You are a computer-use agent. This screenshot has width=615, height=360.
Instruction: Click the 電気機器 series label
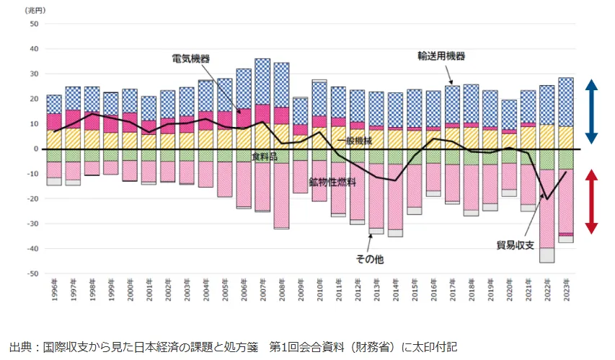tap(195, 58)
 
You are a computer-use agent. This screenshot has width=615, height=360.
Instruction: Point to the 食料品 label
tap(264, 156)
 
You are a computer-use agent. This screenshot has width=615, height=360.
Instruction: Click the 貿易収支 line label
tap(518, 243)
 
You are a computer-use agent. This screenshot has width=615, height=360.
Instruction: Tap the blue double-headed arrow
tap(591, 112)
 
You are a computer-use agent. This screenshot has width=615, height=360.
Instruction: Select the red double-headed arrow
tap(591, 201)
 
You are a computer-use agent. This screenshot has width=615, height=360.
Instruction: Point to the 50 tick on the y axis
tap(33, 24)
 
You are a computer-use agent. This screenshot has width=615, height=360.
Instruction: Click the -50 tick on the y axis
tap(32, 273)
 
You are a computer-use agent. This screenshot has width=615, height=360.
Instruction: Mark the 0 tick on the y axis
tap(35, 149)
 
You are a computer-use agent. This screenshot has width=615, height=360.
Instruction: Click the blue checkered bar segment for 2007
tap(262, 81)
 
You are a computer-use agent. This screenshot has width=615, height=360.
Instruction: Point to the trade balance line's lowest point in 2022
tap(547, 199)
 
